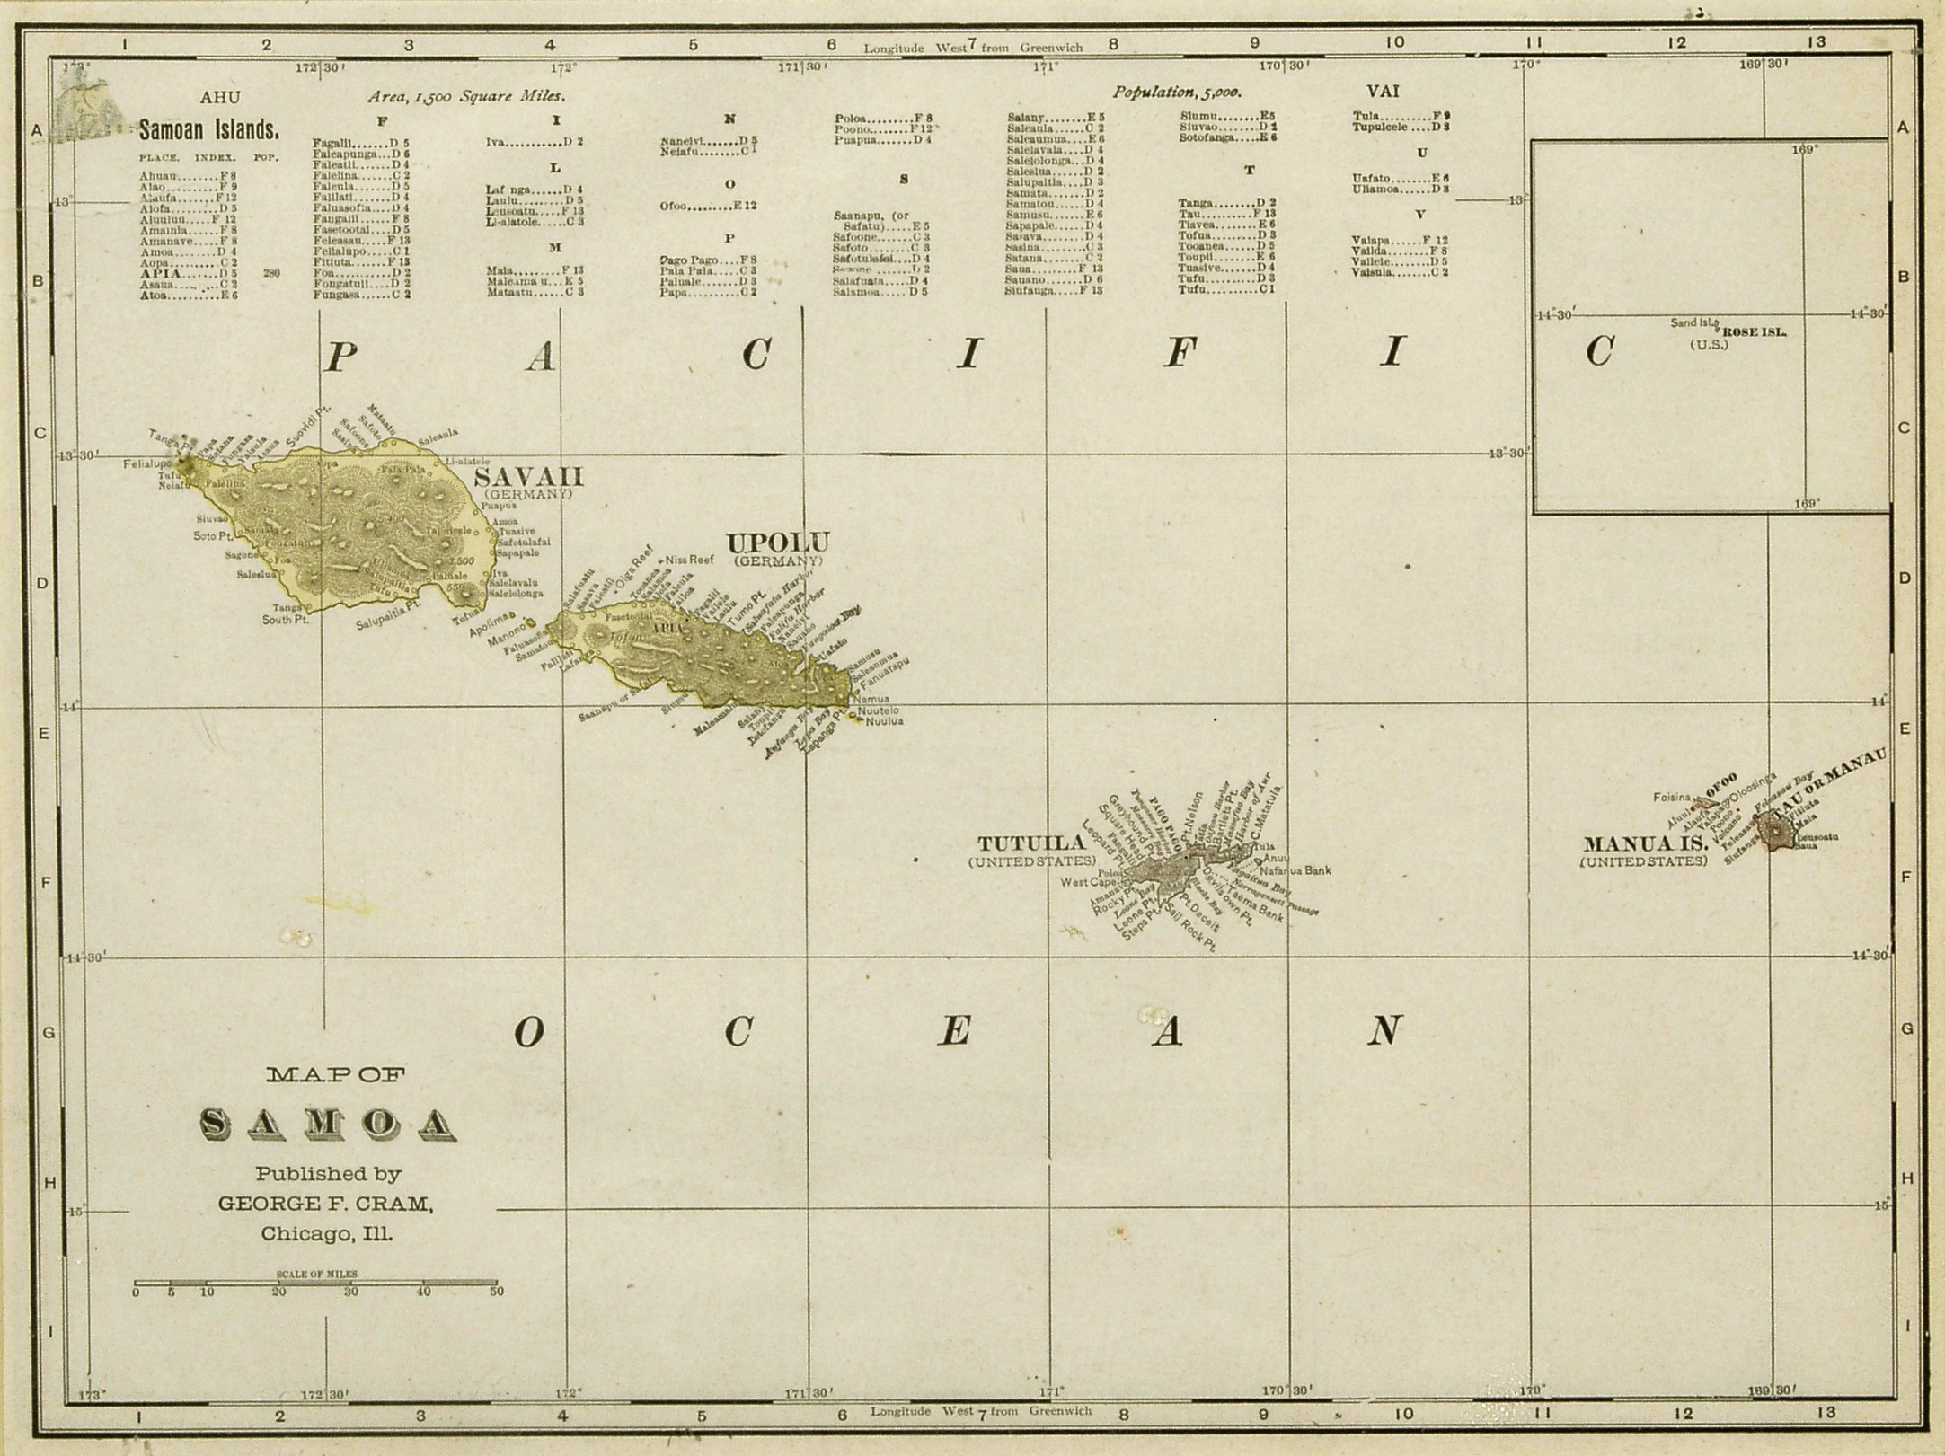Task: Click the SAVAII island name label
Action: pos(527,476)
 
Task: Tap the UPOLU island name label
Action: pos(777,543)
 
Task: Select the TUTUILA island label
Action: pos(1031,843)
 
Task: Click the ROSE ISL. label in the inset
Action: pos(1754,331)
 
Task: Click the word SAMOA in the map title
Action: pos(327,1122)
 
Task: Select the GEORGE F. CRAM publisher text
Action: pos(326,1203)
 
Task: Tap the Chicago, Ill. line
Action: pos(326,1234)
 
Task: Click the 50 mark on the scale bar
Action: pos(496,1292)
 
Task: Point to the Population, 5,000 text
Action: pos(1177,93)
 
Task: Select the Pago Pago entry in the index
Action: pos(689,260)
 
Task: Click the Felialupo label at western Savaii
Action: pos(148,464)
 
